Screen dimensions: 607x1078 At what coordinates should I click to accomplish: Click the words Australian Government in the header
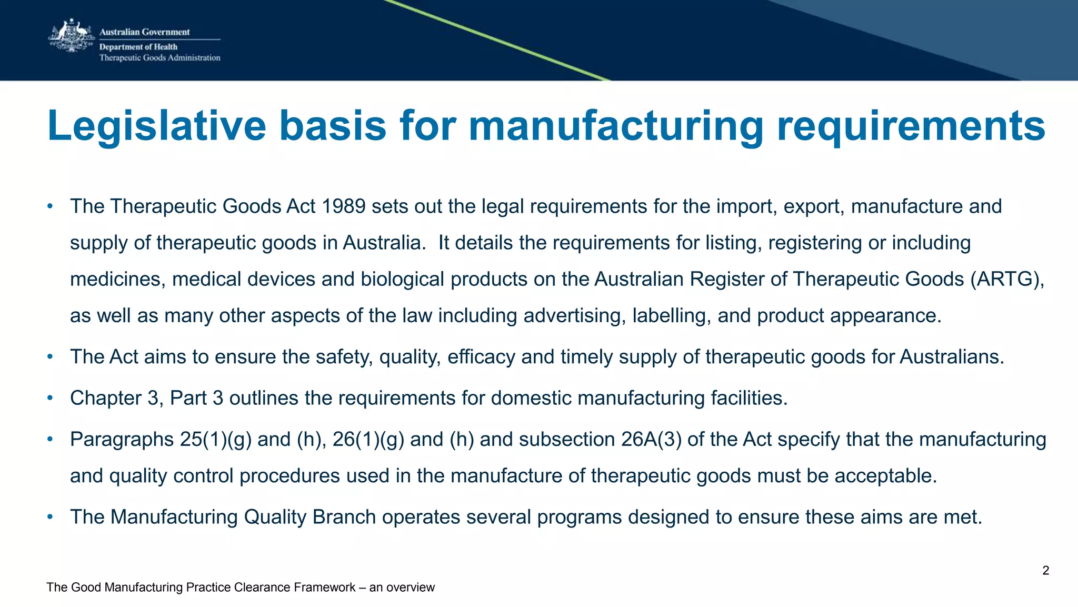click(x=144, y=32)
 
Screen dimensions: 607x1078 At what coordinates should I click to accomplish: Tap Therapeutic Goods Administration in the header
click(x=159, y=58)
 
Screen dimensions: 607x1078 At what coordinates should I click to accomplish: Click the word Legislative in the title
click(x=157, y=126)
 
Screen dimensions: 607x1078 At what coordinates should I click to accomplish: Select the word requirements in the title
click(x=911, y=126)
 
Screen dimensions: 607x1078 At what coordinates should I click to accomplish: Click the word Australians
click(x=951, y=357)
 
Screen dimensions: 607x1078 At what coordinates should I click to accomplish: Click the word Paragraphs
click(x=122, y=439)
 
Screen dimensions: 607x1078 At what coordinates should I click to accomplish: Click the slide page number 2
click(x=1045, y=571)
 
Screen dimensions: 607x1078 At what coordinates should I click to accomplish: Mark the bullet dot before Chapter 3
click(x=50, y=398)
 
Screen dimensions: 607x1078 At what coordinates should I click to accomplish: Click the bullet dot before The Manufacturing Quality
click(x=50, y=517)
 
